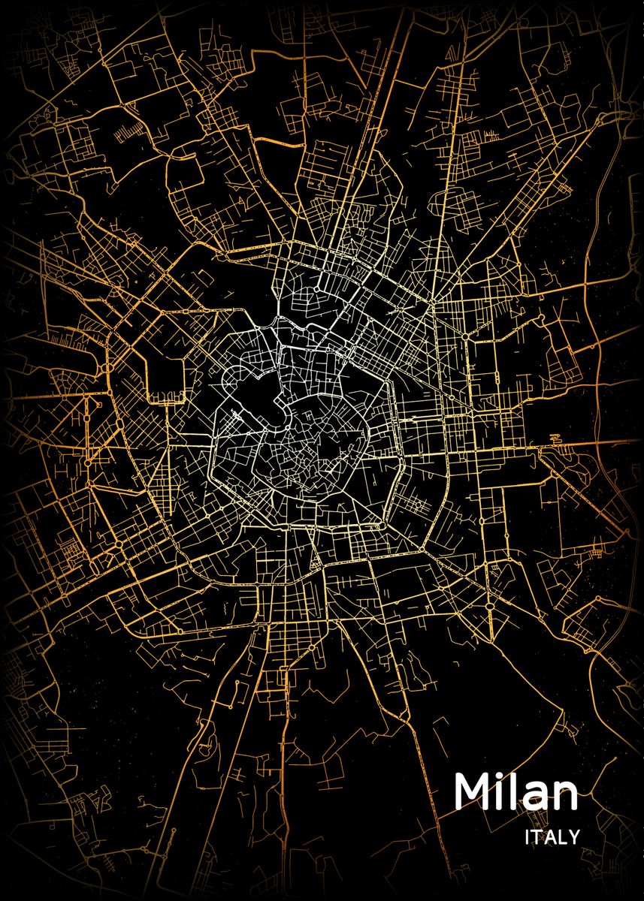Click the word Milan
click(516, 792)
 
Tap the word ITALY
click(552, 836)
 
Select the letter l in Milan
click(512, 791)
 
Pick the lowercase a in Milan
click(535, 797)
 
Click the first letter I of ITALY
click(528, 836)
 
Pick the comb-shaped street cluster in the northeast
click(490, 135)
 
